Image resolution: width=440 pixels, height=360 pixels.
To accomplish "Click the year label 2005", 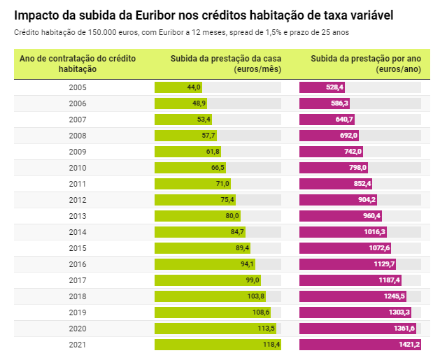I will click(x=78, y=87).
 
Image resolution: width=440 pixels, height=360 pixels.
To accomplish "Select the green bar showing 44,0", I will click(x=178, y=87).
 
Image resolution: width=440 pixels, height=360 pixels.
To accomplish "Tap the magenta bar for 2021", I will click(x=360, y=345).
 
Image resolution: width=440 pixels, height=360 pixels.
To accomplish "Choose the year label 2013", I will click(x=78, y=216).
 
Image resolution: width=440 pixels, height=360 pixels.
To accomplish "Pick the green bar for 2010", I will click(x=190, y=168).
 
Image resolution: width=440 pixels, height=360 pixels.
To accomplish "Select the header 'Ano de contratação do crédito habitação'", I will click(x=78, y=63).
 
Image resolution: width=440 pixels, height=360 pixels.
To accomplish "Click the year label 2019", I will click(x=78, y=312).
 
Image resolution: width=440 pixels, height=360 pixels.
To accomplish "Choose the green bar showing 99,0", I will click(x=208, y=280).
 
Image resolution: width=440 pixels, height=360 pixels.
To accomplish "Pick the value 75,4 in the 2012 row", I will click(x=227, y=200).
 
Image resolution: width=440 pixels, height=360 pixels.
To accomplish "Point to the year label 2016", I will click(x=78, y=264).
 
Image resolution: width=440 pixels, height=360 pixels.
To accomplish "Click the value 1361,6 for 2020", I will click(x=404, y=329).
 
